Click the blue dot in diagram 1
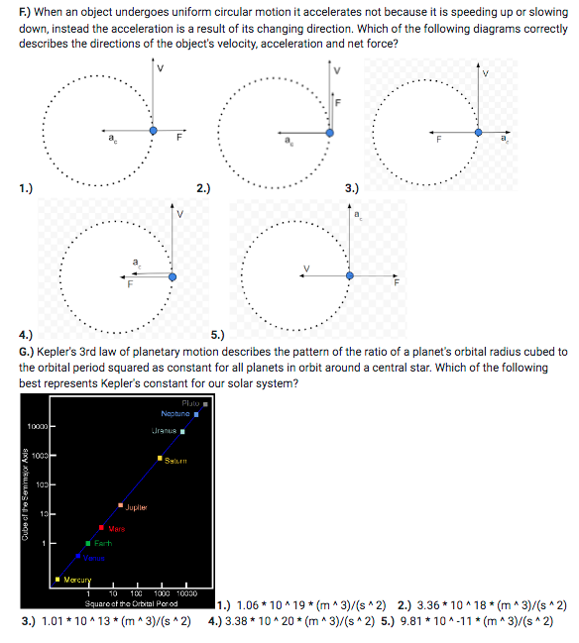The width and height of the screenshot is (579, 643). click(x=153, y=130)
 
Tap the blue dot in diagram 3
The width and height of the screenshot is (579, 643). click(x=479, y=131)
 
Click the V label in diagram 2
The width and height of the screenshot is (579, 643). click(x=336, y=69)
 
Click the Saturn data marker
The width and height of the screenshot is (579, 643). click(x=160, y=459)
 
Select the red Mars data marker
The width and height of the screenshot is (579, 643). click(x=101, y=528)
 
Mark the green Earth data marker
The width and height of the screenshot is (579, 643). click(x=87, y=543)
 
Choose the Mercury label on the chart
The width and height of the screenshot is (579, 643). click(x=76, y=581)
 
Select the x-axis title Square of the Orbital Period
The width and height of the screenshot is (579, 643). click(x=131, y=603)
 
